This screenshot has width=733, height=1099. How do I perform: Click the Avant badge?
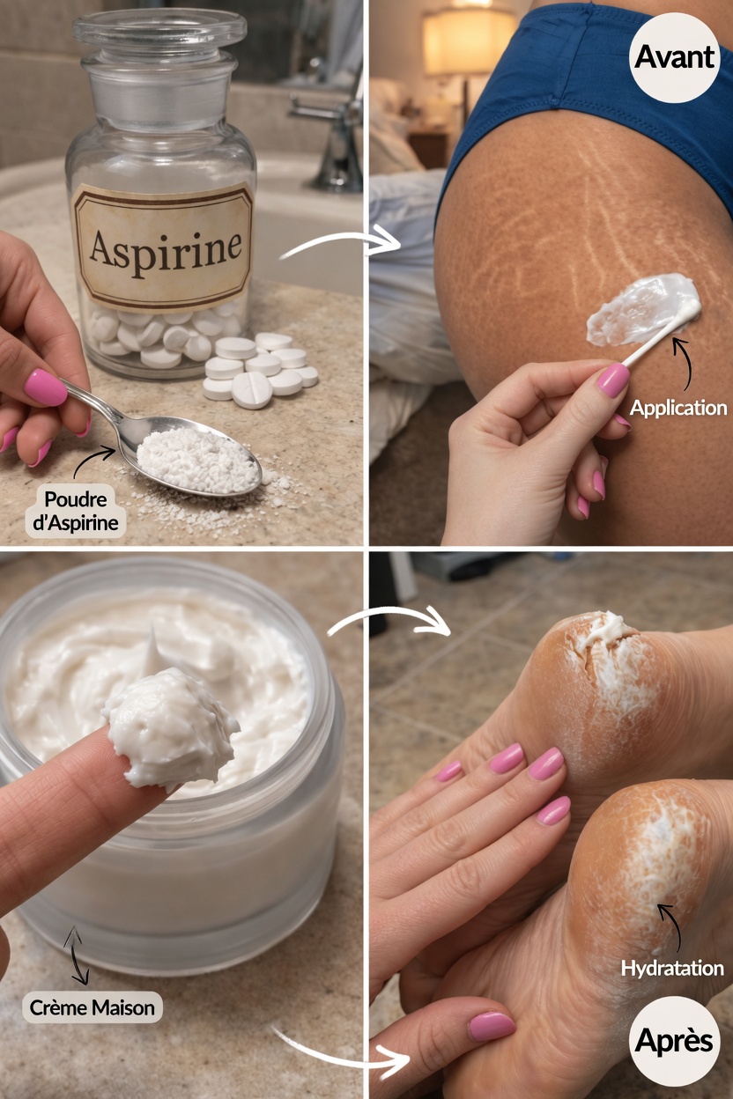tap(674, 57)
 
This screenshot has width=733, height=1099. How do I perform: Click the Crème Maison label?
tap(93, 1007)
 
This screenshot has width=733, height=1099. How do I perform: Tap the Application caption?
tap(678, 408)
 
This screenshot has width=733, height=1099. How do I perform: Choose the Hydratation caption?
tap(672, 969)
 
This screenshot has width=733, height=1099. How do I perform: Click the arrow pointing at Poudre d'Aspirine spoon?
tap(93, 462)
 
